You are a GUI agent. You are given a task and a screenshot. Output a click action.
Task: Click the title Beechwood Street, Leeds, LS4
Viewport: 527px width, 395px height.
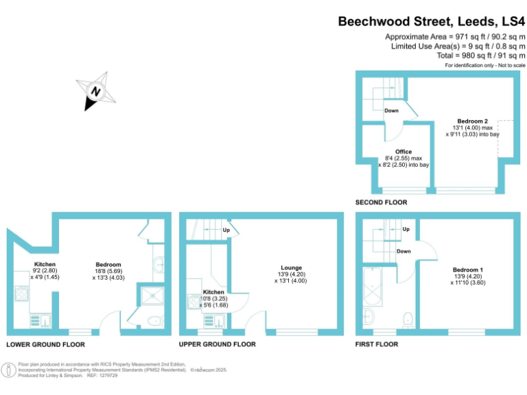431,21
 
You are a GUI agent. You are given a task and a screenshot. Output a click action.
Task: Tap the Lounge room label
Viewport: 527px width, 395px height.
292,267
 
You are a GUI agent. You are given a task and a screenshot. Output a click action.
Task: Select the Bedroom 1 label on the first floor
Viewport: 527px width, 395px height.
467,270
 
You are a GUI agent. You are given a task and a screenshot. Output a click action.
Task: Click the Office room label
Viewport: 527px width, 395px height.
403,152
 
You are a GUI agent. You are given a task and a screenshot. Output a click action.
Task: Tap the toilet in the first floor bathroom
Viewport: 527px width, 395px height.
408,318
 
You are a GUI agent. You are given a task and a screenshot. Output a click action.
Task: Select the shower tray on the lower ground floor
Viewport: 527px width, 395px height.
150,296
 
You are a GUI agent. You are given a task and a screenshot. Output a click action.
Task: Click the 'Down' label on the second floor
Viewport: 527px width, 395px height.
391,110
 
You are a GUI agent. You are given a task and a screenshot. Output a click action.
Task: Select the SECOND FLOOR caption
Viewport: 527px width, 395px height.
381,202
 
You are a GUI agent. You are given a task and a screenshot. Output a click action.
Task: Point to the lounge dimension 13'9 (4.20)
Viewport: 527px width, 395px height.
292,274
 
